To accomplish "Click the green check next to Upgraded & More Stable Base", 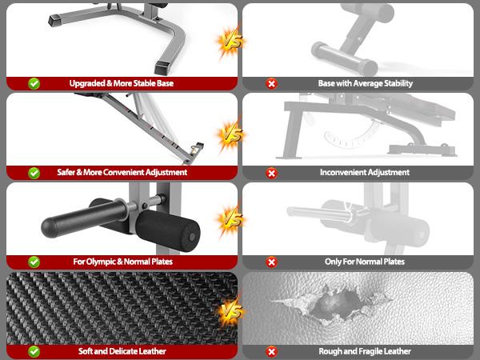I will click(x=34, y=82).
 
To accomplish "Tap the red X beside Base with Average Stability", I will click(x=272, y=82).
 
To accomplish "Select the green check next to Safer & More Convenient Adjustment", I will click(x=34, y=172).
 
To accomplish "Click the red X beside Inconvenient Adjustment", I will click(x=272, y=172).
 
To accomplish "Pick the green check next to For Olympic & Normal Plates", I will click(x=34, y=262).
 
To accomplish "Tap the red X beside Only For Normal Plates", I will click(x=272, y=262).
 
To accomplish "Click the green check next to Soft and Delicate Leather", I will click(x=34, y=351).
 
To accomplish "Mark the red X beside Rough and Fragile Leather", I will click(x=272, y=351).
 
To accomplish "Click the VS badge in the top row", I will click(x=230, y=41).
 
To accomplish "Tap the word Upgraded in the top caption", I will click(x=87, y=82).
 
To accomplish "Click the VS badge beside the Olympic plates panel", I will click(x=230, y=218).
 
